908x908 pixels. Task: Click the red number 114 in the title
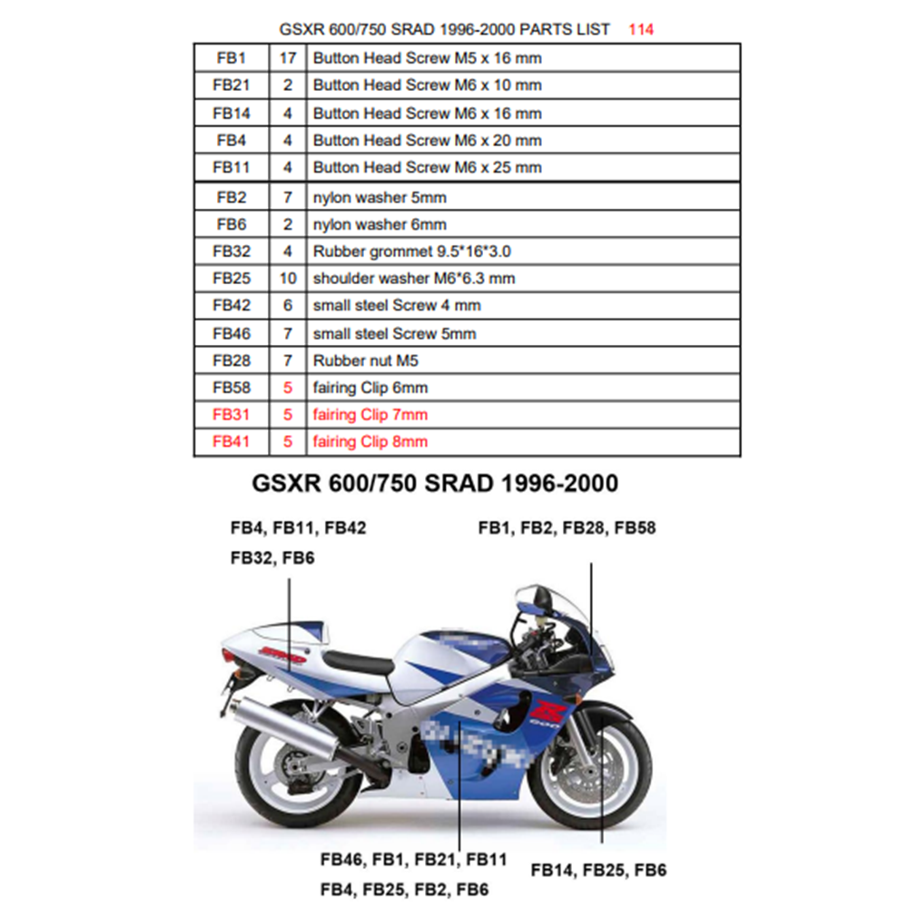[x=641, y=30]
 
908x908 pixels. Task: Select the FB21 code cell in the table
[x=231, y=85]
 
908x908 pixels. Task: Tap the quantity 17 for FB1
[x=288, y=58]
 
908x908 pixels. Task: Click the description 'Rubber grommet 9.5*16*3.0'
[x=411, y=252]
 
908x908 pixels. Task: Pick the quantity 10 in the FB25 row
[x=288, y=279]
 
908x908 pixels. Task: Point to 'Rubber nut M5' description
[x=365, y=360]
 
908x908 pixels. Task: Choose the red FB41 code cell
[x=231, y=442]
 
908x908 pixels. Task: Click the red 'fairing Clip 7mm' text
[x=370, y=415]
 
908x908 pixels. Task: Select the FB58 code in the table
[x=231, y=388]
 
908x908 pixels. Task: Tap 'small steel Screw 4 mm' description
[x=397, y=305]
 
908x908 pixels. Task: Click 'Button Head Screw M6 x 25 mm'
[x=428, y=167]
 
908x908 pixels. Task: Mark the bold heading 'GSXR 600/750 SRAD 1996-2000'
[x=435, y=483]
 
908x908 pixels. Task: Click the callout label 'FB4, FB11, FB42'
[x=298, y=528]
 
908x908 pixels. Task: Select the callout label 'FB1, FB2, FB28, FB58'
[x=567, y=528]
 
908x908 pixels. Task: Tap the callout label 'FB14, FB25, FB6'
[x=598, y=870]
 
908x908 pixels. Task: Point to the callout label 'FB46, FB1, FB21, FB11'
[x=413, y=859]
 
